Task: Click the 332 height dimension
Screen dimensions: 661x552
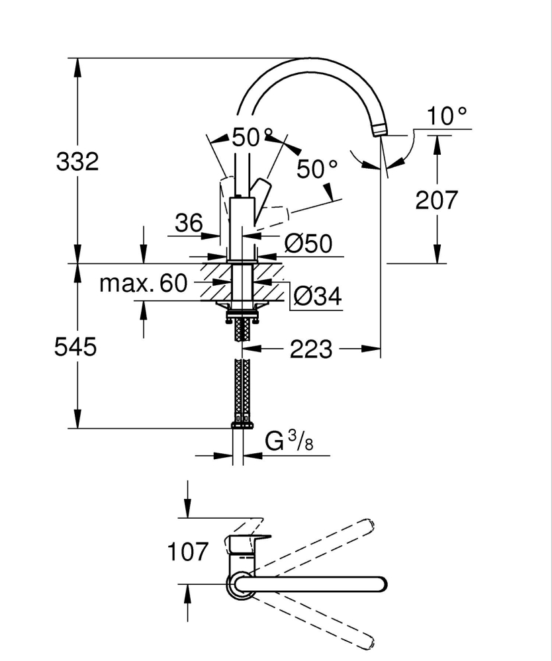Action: pyautogui.click(x=77, y=161)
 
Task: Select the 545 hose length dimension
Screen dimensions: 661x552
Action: pyautogui.click(x=75, y=347)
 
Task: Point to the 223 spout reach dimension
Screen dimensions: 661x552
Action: pyautogui.click(x=311, y=349)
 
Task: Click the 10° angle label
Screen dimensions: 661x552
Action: pyautogui.click(x=447, y=116)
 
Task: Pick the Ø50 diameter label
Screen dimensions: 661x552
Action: pyautogui.click(x=308, y=243)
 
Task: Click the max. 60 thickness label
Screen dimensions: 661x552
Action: pyautogui.click(x=144, y=284)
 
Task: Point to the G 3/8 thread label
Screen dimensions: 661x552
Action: pyautogui.click(x=289, y=441)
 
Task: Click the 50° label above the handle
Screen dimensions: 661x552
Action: pyautogui.click(x=252, y=138)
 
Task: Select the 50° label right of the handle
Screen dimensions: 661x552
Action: pyautogui.click(x=316, y=169)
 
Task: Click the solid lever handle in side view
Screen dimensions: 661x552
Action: pyautogui.click(x=261, y=192)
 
